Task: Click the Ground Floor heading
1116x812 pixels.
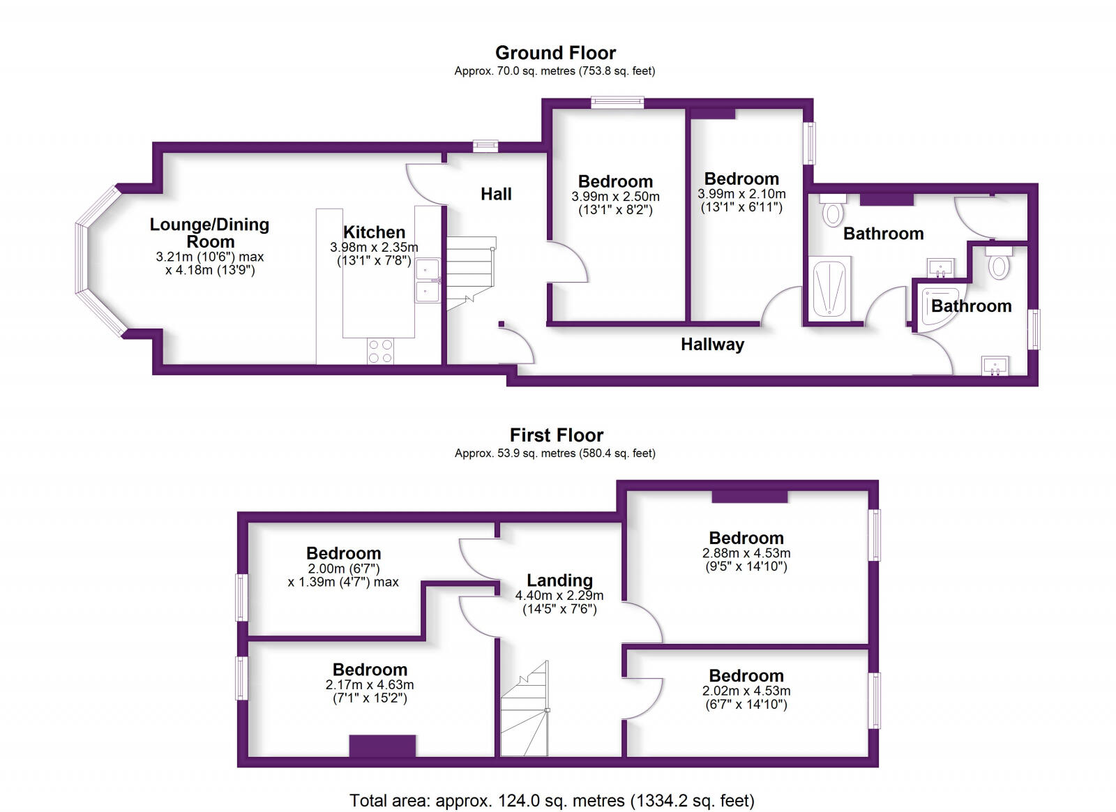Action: pyautogui.click(x=555, y=53)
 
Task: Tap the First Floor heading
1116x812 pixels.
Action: pyautogui.click(x=556, y=435)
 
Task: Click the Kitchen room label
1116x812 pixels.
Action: pyautogui.click(x=374, y=232)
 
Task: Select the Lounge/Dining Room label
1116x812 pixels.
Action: pyautogui.click(x=209, y=233)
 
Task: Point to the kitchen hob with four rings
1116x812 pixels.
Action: pyautogui.click(x=380, y=351)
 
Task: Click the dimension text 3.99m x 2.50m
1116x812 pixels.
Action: pyautogui.click(x=615, y=197)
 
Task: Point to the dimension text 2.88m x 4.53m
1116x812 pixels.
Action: pyautogui.click(x=746, y=553)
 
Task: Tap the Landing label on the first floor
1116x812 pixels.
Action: pyautogui.click(x=559, y=580)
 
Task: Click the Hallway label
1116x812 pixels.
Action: pyautogui.click(x=712, y=345)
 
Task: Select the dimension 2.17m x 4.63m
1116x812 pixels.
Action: pyautogui.click(x=370, y=685)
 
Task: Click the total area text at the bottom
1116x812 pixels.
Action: pyautogui.click(x=552, y=800)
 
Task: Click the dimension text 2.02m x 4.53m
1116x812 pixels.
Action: pyautogui.click(x=746, y=691)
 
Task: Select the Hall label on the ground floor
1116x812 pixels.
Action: pyautogui.click(x=496, y=194)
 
